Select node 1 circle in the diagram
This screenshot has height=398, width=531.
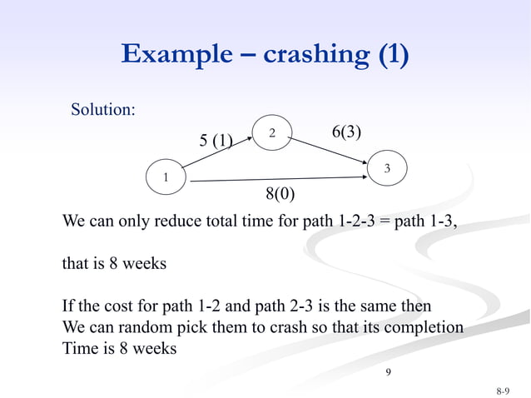pyautogui.click(x=165, y=177)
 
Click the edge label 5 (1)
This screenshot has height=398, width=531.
pyautogui.click(x=216, y=140)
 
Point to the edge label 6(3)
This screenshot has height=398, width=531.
pyautogui.click(x=346, y=132)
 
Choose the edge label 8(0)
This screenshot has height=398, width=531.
pyautogui.click(x=280, y=194)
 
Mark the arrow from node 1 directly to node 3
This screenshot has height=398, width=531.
pyautogui.click(x=275, y=177)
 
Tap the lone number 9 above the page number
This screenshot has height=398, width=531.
pyautogui.click(x=387, y=370)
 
